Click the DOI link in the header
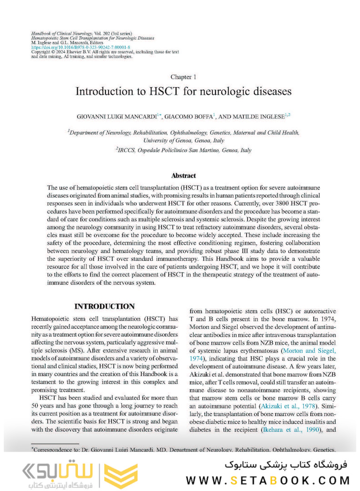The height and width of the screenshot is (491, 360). pyautogui.click(x=80, y=47)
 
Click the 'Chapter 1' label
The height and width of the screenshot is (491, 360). pyautogui.click(x=183, y=77)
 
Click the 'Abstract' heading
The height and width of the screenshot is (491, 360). pyautogui.click(x=183, y=175)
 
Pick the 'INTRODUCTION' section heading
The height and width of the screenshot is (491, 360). pyautogui.click(x=104, y=306)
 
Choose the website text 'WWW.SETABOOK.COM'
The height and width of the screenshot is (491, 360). pyautogui.click(x=268, y=480)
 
